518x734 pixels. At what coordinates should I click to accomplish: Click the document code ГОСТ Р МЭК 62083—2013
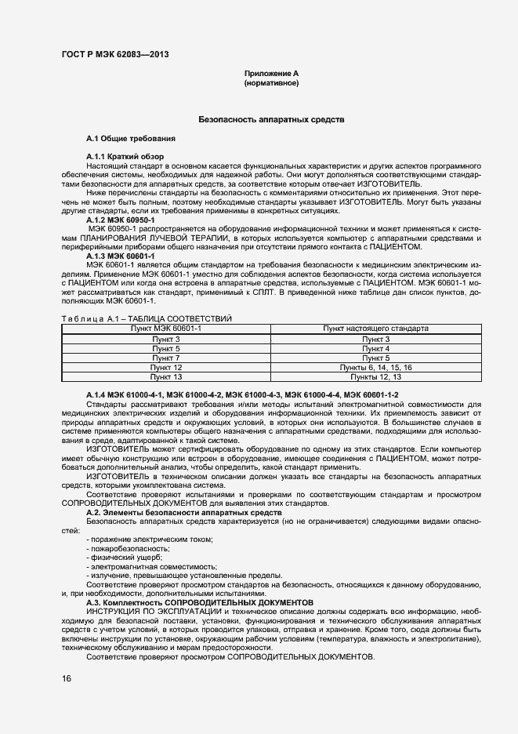coord(114,54)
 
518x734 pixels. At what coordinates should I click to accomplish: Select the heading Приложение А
coord(271,73)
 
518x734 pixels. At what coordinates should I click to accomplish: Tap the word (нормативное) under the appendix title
coord(271,82)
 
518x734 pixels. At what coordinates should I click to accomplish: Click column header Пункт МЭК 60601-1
coord(166,329)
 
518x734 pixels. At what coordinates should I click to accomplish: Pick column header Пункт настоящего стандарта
coord(375,329)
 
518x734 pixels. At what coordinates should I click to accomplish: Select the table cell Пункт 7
coord(166,358)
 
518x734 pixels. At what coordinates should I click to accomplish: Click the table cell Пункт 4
coord(375,348)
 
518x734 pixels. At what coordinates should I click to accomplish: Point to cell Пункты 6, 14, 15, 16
coord(375,367)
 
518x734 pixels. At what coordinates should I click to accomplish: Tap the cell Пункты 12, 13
coord(375,376)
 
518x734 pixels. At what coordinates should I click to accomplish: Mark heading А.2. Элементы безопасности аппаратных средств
coord(183,512)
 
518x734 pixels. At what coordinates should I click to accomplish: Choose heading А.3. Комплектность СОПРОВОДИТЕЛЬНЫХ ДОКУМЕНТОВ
coord(199,601)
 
